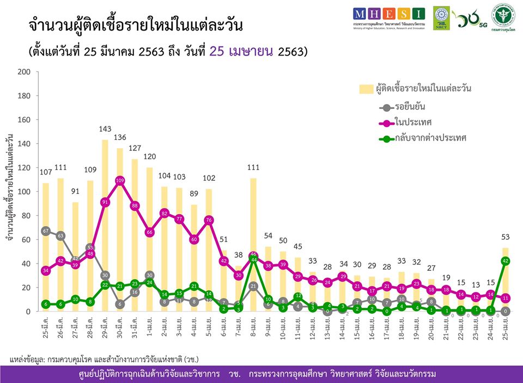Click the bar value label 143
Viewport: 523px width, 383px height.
(105, 129)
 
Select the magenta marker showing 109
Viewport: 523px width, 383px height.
(120, 180)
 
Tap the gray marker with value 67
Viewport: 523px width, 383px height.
(46, 231)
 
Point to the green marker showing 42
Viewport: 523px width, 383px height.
(506, 261)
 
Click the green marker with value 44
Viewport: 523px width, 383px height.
(253, 259)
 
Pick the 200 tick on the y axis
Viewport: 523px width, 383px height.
(24, 71)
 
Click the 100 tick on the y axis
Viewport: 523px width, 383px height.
(24, 191)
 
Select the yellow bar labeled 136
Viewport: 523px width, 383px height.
(120, 229)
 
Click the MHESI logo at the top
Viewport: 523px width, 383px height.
(388, 15)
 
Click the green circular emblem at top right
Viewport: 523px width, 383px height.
(504, 15)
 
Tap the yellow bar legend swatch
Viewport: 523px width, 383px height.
(365, 89)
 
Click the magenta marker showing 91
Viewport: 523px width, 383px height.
(105, 202)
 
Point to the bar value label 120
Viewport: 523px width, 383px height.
(150, 157)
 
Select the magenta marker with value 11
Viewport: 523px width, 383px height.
(506, 298)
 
